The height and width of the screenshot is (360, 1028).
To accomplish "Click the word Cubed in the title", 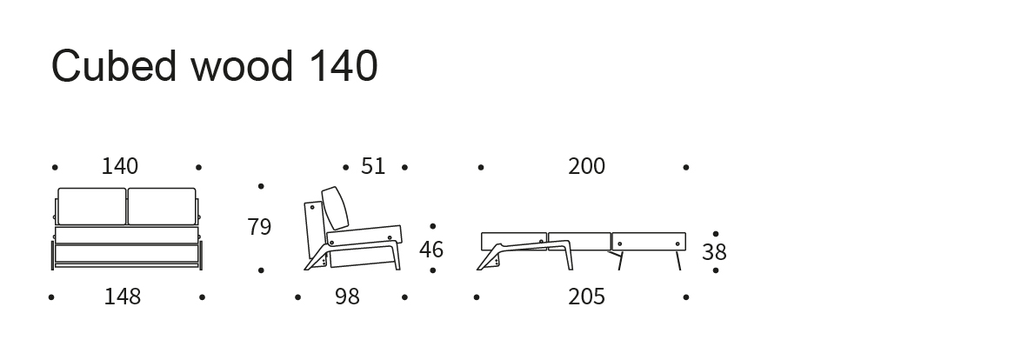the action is tap(114, 66).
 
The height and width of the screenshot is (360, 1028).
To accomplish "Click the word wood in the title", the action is tap(242, 66).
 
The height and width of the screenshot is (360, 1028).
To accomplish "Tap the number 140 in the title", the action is tap(343, 66).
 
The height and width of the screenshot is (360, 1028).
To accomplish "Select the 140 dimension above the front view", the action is tap(120, 167).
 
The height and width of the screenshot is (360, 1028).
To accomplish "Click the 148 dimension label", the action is tap(123, 297).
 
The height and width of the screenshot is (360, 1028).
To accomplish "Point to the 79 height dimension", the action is tap(259, 227).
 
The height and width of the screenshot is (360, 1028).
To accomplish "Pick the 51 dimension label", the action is tap(373, 167).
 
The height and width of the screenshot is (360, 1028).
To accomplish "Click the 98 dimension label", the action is tap(348, 297).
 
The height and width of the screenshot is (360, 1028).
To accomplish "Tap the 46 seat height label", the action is tap(431, 250).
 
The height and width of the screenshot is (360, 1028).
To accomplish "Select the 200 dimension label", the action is tap(587, 167).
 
